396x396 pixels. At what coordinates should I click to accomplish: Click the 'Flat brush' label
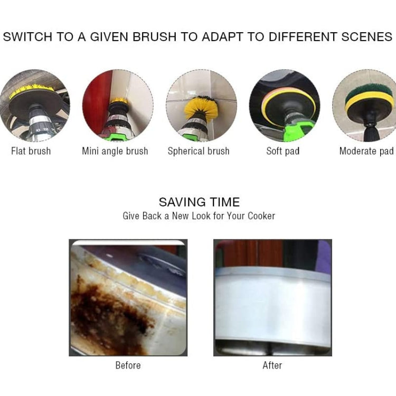pos(31,152)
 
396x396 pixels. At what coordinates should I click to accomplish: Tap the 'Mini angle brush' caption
pos(115,152)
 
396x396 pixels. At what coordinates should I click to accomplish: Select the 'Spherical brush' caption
pos(199,152)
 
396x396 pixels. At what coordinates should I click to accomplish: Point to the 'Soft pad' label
pos(282,152)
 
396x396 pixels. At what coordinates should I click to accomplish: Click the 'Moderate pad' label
pos(366,152)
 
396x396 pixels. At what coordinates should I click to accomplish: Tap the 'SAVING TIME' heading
pos(199,202)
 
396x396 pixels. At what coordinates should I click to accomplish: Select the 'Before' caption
pos(128,365)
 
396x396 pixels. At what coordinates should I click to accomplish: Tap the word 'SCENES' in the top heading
pos(367,37)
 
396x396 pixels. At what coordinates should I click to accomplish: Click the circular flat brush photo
pos(34,106)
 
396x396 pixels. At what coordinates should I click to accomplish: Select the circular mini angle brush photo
pos(118,106)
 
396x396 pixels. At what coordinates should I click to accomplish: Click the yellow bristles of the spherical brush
pos(200,108)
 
